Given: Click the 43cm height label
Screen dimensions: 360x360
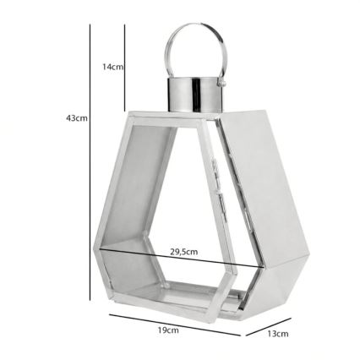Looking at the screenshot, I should click(x=77, y=118).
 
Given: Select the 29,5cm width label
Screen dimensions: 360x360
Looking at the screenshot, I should click(x=183, y=251).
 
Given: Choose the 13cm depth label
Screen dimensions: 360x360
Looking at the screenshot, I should click(x=276, y=334).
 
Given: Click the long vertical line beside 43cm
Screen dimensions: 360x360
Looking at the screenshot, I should click(x=90, y=161).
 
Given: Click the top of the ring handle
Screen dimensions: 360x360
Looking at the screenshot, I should click(x=196, y=27).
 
